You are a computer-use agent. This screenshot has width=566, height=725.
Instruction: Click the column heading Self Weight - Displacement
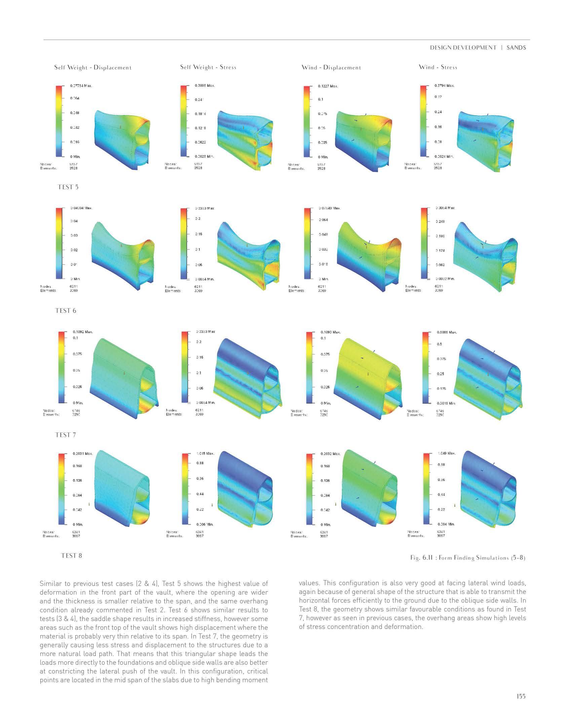tap(93, 68)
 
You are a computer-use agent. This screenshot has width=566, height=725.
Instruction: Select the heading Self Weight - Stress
tap(208, 67)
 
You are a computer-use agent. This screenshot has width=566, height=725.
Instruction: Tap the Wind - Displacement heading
tap(331, 68)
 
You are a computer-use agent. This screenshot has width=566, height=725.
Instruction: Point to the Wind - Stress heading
tap(438, 67)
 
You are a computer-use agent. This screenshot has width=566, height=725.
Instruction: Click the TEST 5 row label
tap(68, 187)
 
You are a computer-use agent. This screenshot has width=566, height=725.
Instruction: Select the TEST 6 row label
tap(66, 311)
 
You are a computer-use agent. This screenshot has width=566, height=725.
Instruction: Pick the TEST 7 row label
tap(66, 435)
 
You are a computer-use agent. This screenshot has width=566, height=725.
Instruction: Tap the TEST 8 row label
tap(71, 556)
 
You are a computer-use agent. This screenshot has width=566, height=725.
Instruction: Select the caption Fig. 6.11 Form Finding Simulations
tap(467, 558)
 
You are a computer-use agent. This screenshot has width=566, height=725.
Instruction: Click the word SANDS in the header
tap(516, 48)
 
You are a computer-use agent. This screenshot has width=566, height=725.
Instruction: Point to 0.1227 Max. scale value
tap(328, 86)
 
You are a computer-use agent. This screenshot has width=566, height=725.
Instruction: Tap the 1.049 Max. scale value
tap(446, 453)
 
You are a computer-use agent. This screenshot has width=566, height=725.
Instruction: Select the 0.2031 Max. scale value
tap(82, 454)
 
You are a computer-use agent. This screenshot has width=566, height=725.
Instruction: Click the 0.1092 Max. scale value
tap(82, 332)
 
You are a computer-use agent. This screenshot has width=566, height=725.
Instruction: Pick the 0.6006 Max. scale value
tap(446, 332)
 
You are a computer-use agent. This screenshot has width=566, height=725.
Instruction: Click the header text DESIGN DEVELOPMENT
tap(463, 48)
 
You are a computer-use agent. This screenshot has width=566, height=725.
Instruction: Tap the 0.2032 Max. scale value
tap(330, 454)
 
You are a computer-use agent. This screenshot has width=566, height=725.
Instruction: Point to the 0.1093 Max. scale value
tap(330, 332)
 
